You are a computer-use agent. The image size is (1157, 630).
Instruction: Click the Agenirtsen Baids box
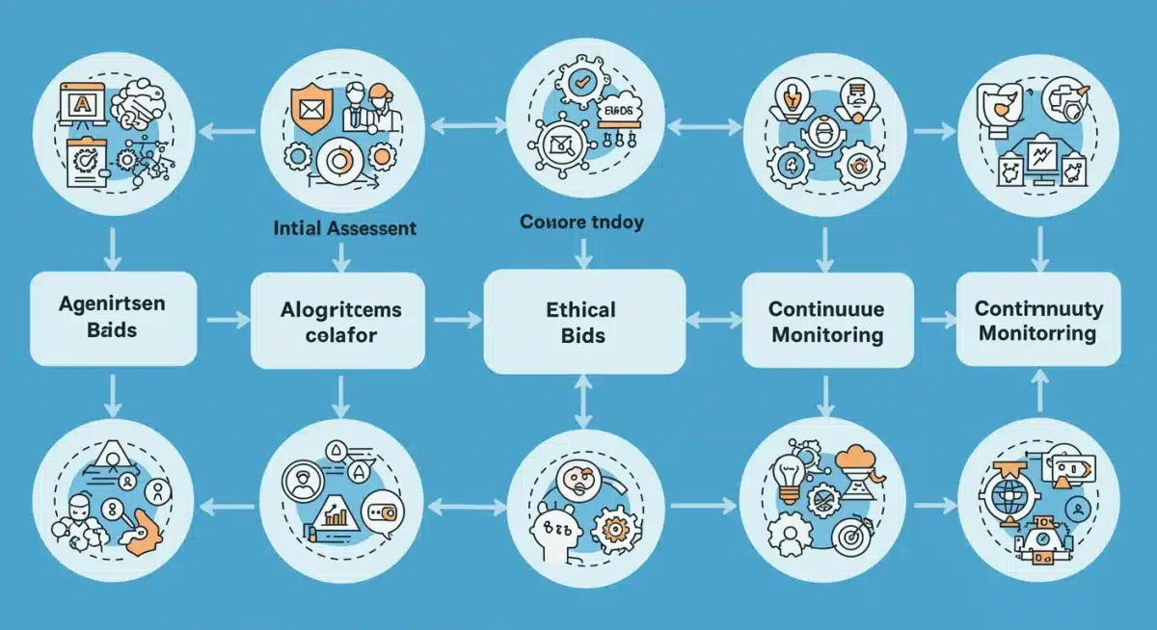[113, 317]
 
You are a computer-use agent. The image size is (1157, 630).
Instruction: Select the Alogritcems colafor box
[339, 321]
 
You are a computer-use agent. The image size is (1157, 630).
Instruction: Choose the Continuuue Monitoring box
[826, 321]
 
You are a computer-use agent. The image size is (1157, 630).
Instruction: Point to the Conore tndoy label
[581, 223]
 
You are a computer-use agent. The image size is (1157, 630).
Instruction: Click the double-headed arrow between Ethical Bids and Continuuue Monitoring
[713, 318]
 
